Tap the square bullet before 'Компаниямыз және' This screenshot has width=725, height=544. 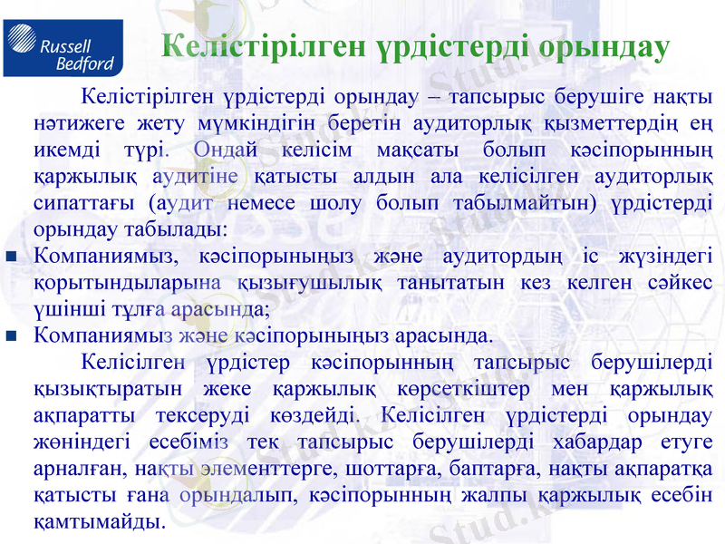(12, 336)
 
